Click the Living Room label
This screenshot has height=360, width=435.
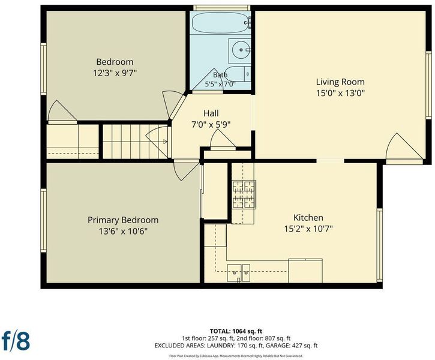[x=340, y=82]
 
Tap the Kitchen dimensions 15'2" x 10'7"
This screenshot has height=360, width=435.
[x=308, y=229]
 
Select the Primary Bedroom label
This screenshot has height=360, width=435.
[x=123, y=220]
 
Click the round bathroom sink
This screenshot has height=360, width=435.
[x=240, y=50]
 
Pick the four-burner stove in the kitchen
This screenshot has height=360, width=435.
[x=244, y=194]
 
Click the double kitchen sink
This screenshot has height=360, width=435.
[x=238, y=273]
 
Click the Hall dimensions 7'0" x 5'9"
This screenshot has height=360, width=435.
[x=211, y=125]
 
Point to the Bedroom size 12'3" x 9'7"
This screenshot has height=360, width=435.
[x=115, y=73]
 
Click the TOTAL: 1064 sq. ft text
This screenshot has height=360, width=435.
[x=236, y=331]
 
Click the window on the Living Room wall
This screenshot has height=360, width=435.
[x=429, y=85]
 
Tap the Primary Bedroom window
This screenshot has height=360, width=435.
[x=44, y=220]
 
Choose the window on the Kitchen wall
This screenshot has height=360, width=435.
[x=380, y=245]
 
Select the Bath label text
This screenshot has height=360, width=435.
[x=220, y=75]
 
